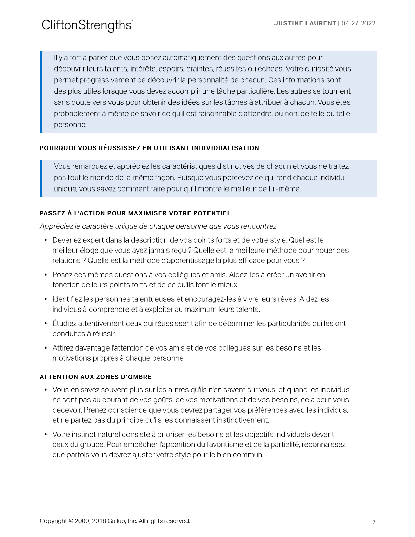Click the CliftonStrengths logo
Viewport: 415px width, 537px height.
(87, 25)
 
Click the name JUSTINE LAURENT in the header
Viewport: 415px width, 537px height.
(305, 23)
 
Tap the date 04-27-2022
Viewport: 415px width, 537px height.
(358, 23)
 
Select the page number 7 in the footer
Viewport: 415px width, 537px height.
(374, 522)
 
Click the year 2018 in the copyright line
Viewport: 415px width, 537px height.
(99, 521)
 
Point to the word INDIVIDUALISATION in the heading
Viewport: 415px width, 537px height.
(225, 148)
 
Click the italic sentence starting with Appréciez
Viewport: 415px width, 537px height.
(159, 226)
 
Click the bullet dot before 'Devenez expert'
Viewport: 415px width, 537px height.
(45, 240)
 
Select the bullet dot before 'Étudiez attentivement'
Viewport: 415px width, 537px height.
(45, 324)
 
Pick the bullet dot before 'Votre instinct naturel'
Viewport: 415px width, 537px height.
(45, 435)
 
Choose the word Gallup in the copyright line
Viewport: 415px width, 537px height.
(117, 521)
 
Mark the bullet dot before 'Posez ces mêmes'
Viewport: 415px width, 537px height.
(45, 275)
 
